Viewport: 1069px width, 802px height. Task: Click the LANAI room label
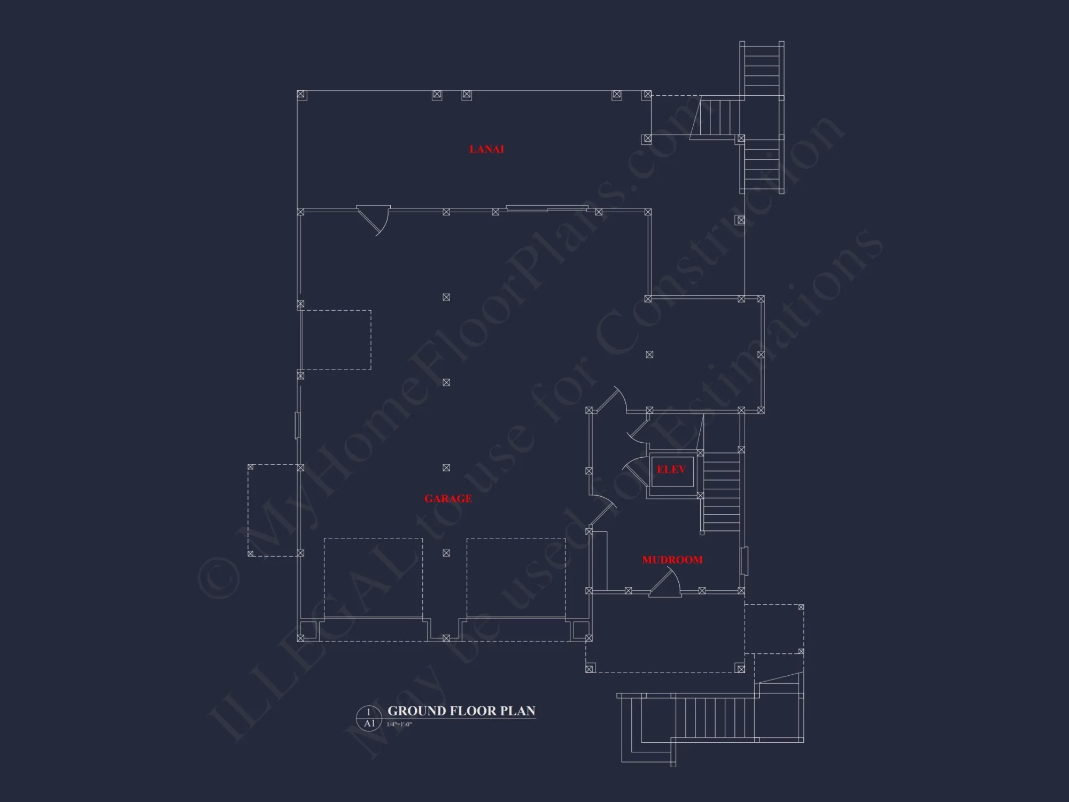coord(486,149)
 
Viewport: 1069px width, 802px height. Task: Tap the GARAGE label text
coord(448,499)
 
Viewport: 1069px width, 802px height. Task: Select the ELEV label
coord(671,469)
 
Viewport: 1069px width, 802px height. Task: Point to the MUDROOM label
coord(672,560)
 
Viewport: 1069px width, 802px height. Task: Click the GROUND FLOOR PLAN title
coord(461,711)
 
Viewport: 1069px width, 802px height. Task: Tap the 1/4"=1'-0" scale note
coord(399,724)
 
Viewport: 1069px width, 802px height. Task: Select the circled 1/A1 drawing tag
coord(369,718)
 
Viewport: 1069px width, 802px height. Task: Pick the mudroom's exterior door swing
coord(665,583)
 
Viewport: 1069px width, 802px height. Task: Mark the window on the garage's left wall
coord(298,426)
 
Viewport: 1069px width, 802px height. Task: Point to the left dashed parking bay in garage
coord(373,578)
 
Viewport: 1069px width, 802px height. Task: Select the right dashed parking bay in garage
coord(516,578)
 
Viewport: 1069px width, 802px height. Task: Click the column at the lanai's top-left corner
coord(301,95)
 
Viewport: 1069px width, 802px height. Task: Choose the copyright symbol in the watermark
coord(219,577)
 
